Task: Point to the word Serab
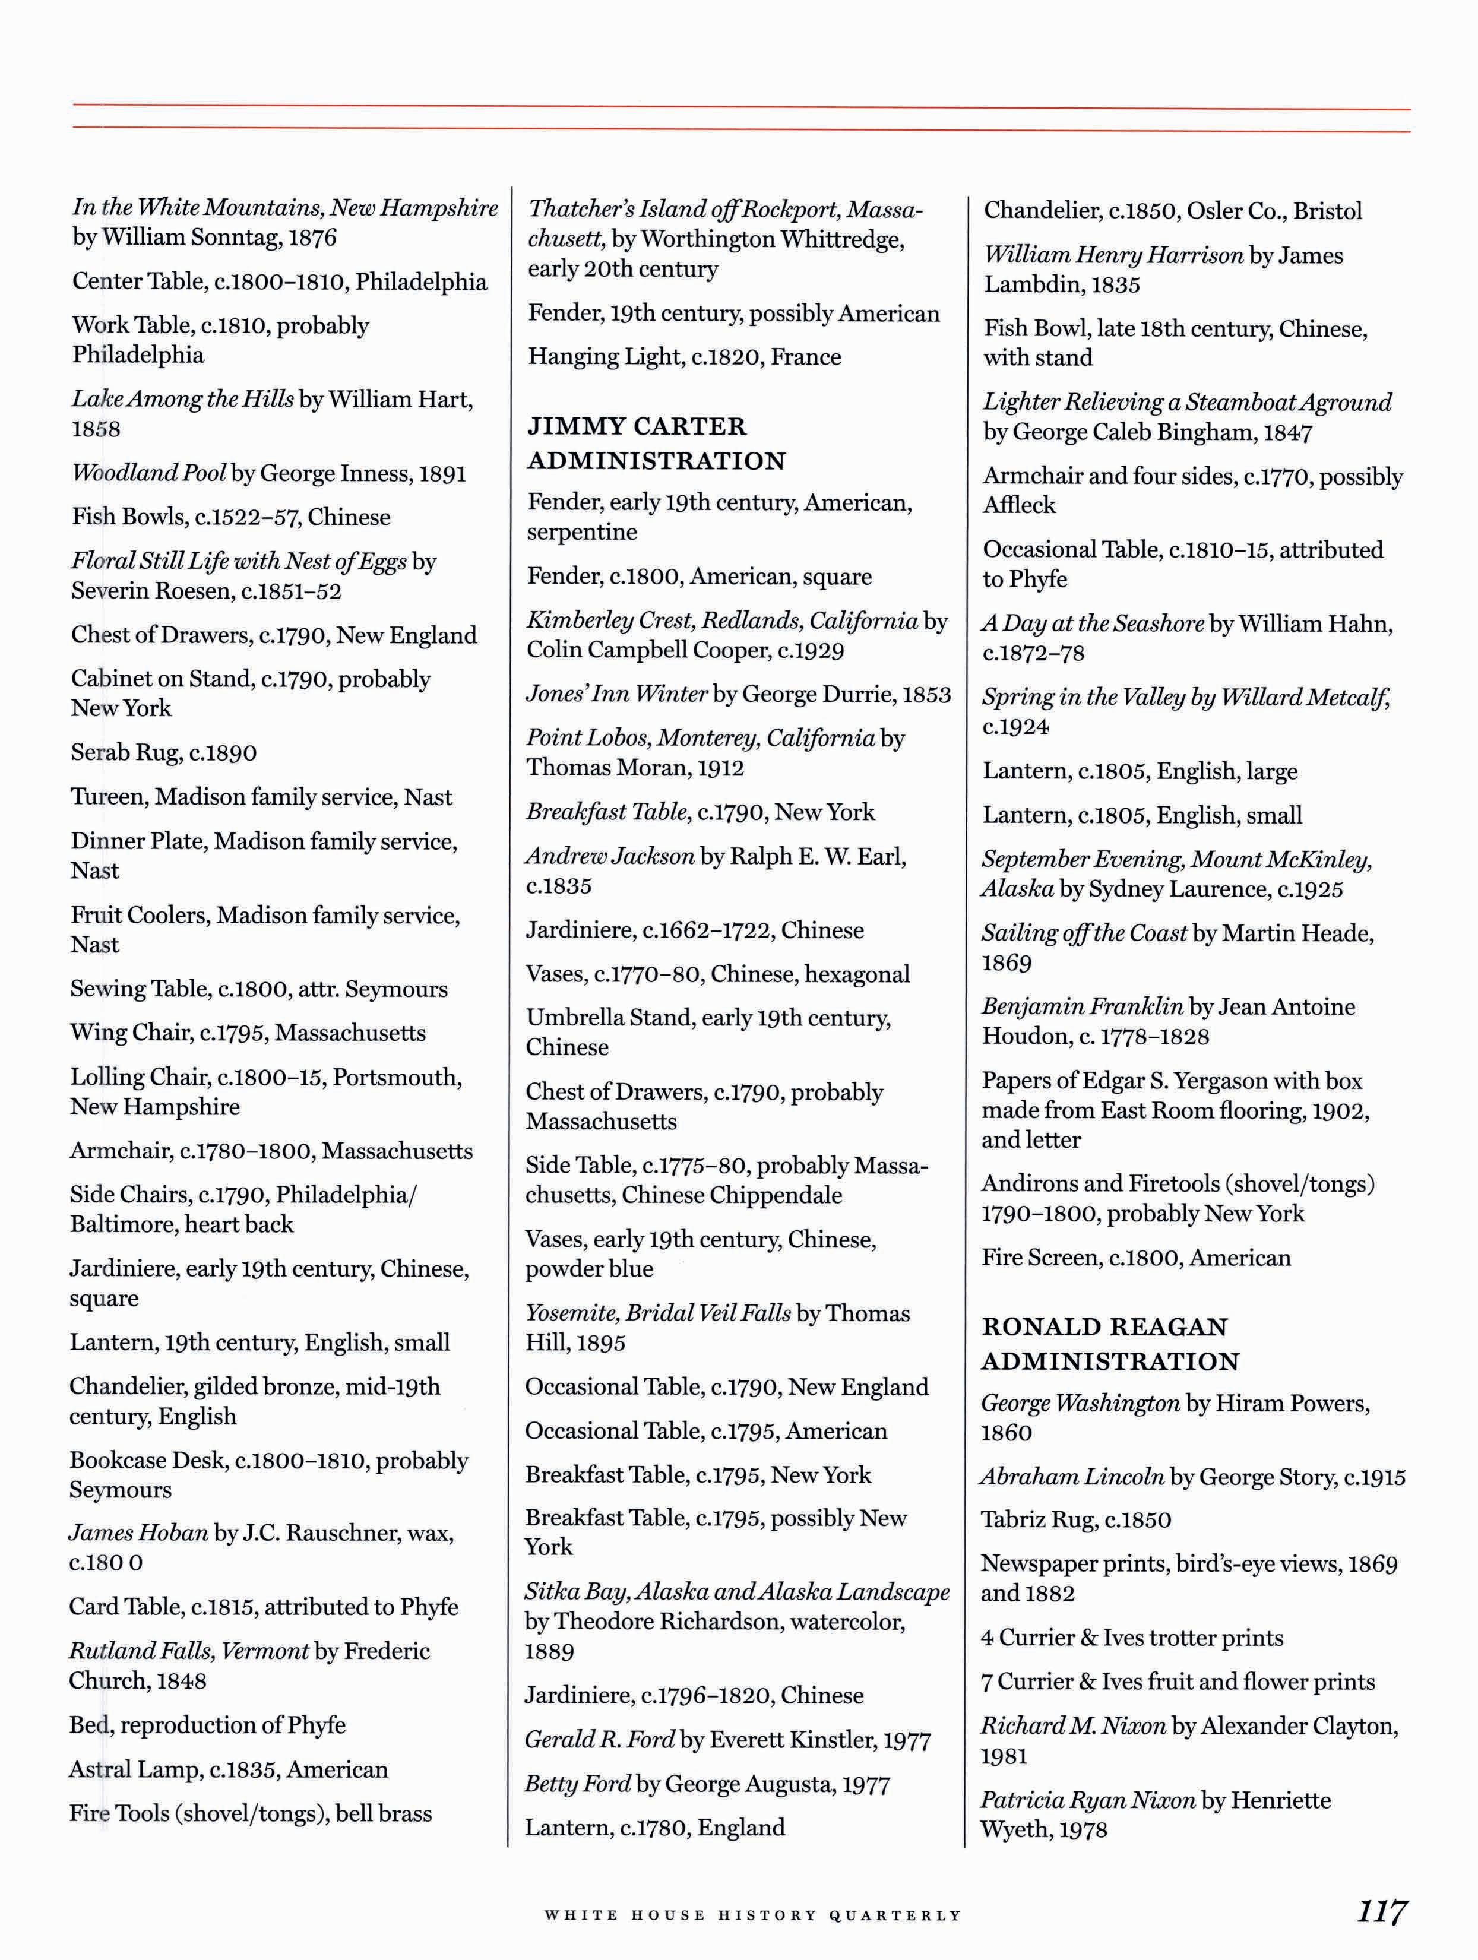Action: pyautogui.click(x=100, y=752)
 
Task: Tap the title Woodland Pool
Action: pyautogui.click(x=149, y=473)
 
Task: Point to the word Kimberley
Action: pyautogui.click(x=585, y=620)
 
